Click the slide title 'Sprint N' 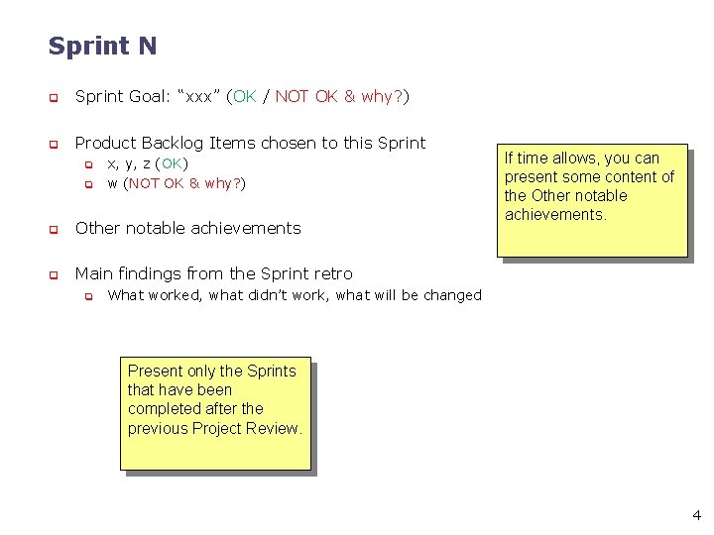click(102, 47)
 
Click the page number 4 click(696, 515)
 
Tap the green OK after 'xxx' click(244, 96)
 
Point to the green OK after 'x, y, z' click(173, 163)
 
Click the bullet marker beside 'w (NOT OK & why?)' click(87, 184)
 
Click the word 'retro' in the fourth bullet click(331, 273)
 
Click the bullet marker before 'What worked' click(87, 296)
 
